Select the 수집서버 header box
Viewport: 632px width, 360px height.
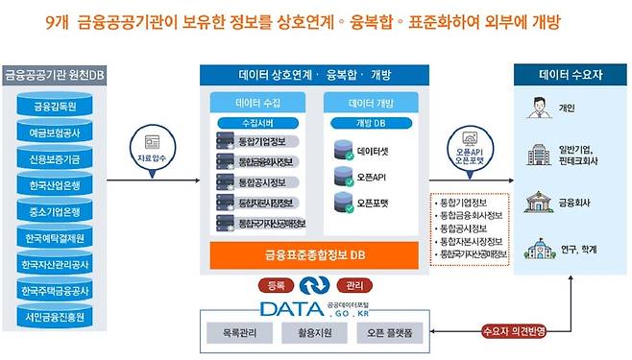[260, 123]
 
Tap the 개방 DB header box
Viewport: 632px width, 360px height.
[371, 123]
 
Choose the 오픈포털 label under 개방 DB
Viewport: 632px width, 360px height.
[375, 204]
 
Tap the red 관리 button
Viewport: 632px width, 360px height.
[354, 286]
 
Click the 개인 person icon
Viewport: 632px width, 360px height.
[535, 108]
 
